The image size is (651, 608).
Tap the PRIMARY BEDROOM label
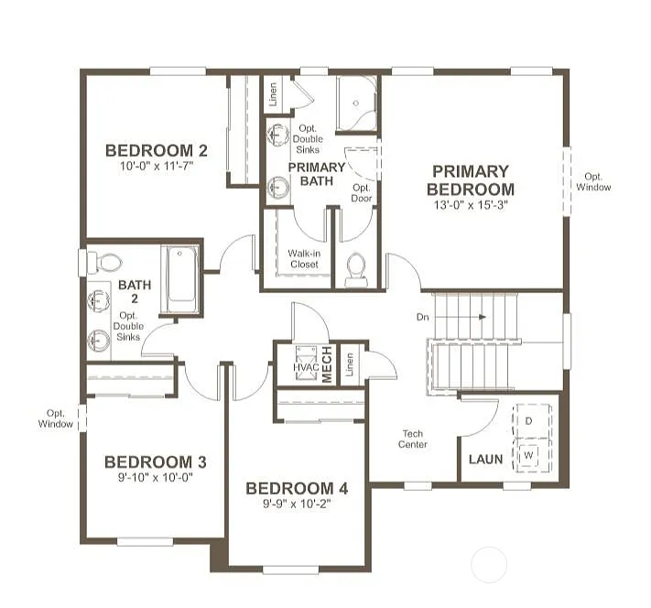[x=470, y=180]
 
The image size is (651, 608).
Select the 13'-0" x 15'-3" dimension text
[x=470, y=206]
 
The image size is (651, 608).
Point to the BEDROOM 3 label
[x=155, y=461]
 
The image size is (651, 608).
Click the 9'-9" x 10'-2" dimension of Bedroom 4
[x=297, y=503]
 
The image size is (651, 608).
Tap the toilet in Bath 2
[x=106, y=263]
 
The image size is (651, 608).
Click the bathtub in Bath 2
[x=179, y=274]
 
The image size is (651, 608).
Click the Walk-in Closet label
[x=303, y=258]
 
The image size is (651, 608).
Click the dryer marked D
[x=528, y=420]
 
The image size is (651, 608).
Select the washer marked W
[x=528, y=453]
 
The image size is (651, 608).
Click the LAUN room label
[x=485, y=459]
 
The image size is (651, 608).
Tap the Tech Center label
[x=412, y=439]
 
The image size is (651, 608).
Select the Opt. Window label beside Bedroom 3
[x=56, y=418]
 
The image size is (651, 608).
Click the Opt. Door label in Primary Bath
[x=362, y=192]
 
